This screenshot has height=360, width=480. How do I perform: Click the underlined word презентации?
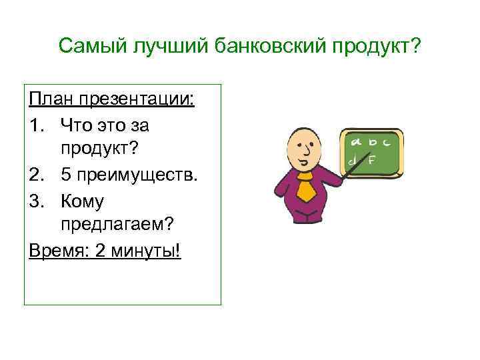(x=136, y=99)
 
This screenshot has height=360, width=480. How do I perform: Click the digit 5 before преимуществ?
(x=65, y=175)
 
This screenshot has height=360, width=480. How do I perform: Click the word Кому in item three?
(x=82, y=201)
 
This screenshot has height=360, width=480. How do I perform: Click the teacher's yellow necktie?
(x=306, y=189)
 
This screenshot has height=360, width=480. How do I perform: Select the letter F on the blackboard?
(x=372, y=160)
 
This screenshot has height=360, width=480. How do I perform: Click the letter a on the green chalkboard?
(x=357, y=141)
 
